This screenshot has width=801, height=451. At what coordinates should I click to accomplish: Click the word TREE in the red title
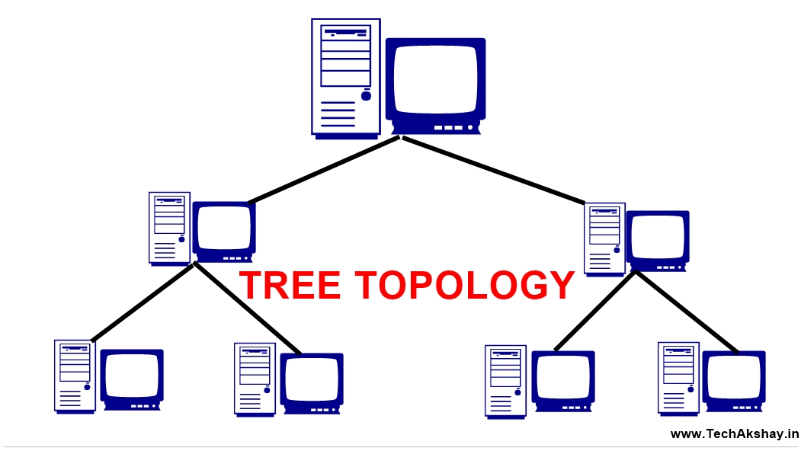290,286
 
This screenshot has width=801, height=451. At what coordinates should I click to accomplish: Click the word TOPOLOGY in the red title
466,286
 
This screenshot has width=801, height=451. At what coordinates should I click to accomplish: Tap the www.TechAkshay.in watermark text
734,434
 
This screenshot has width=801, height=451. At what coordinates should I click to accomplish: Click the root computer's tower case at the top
345,77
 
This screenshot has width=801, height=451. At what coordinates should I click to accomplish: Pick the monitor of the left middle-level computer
224,229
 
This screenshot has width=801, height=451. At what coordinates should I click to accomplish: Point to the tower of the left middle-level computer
169,227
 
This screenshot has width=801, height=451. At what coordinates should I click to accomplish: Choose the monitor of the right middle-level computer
658,239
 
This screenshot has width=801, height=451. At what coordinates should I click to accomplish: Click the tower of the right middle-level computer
604,237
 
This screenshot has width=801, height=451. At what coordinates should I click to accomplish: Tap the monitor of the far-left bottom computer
132,379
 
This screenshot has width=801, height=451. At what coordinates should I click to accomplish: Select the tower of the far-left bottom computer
75,376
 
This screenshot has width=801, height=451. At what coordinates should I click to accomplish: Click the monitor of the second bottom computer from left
312,381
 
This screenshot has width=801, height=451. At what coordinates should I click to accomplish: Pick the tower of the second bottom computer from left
255,379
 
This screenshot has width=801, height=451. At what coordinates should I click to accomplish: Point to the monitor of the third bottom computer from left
562,380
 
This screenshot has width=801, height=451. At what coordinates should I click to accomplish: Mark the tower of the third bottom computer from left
505,380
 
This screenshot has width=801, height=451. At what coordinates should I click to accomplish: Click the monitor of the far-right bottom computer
733,379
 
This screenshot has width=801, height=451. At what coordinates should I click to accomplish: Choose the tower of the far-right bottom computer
678,378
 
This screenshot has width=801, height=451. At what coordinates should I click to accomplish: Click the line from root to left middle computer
324,170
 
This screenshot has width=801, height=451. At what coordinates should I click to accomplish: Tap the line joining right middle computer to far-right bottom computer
686,312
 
